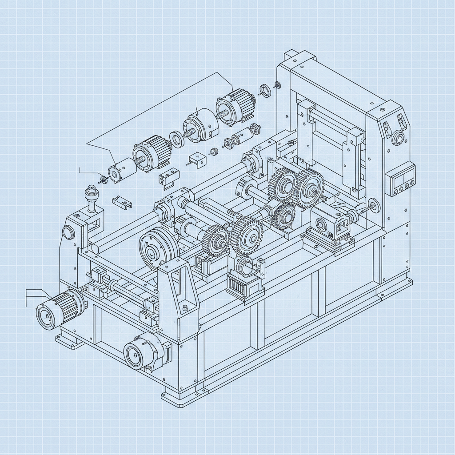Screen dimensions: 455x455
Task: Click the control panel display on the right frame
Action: [x=401, y=179]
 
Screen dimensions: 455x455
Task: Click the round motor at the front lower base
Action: [x=141, y=353]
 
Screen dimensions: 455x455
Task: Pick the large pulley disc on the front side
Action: [x=152, y=248]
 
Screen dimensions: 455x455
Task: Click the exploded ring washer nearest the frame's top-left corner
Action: [x=266, y=91]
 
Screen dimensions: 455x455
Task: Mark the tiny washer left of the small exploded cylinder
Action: [x=104, y=180]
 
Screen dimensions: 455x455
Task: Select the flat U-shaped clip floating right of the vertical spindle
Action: [x=122, y=203]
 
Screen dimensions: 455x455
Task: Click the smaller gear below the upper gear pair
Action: [x=284, y=216]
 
